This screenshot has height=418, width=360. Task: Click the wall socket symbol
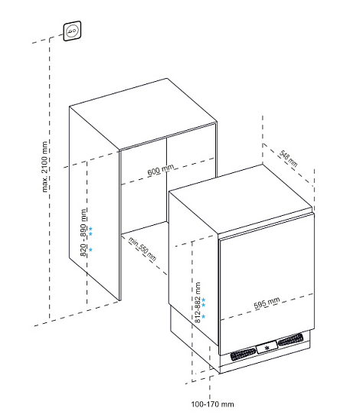[72, 31]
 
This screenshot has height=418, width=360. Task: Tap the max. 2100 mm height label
[44, 167]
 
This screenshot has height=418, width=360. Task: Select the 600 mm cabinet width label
[161, 170]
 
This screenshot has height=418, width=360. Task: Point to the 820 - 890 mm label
[83, 233]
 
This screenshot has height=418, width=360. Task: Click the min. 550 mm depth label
[142, 249]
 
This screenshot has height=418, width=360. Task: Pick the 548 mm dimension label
[288, 158]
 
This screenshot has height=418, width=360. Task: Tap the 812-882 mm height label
[198, 302]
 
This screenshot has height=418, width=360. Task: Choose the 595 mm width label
[267, 303]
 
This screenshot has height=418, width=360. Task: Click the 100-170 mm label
[212, 404]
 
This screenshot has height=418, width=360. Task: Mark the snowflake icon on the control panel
[267, 348]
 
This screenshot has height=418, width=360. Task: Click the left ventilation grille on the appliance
[243, 354]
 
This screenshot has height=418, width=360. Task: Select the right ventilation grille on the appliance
[290, 339]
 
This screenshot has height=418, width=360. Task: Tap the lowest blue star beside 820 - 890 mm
[90, 250]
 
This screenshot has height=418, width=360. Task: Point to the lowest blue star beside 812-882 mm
[204, 316]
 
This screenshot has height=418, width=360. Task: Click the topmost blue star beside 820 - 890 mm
[90, 228]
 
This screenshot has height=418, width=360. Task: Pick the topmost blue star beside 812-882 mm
[204, 299]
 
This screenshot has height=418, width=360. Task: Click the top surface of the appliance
[241, 199]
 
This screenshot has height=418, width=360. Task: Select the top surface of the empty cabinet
[143, 114]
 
